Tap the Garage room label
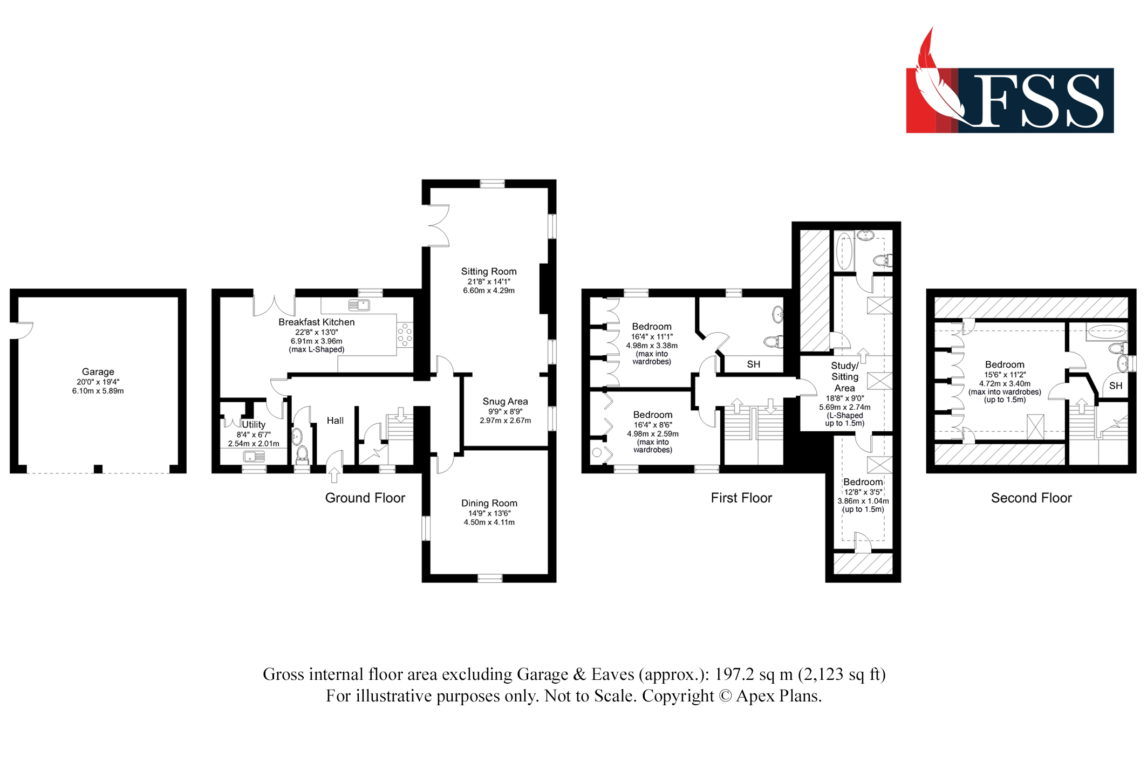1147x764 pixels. (98, 371)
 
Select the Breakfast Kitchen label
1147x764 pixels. (316, 322)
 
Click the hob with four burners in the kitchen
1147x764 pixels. (405, 334)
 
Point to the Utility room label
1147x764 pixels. (253, 424)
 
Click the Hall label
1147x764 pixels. (334, 421)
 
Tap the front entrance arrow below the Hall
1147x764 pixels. (334, 474)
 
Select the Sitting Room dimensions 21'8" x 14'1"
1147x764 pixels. (488, 281)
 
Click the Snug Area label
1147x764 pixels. (505, 401)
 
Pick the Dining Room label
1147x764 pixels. (489, 503)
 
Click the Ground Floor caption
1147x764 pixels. (365, 498)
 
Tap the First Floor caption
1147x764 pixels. (741, 498)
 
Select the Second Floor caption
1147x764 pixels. (1031, 498)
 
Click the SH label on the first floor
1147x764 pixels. (753, 364)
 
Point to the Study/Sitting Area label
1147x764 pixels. (844, 377)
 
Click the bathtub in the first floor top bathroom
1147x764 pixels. (844, 251)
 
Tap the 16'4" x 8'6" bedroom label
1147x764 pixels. (652, 415)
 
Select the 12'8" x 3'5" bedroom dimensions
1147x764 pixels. (863, 492)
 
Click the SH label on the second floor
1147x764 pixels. (1115, 386)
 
